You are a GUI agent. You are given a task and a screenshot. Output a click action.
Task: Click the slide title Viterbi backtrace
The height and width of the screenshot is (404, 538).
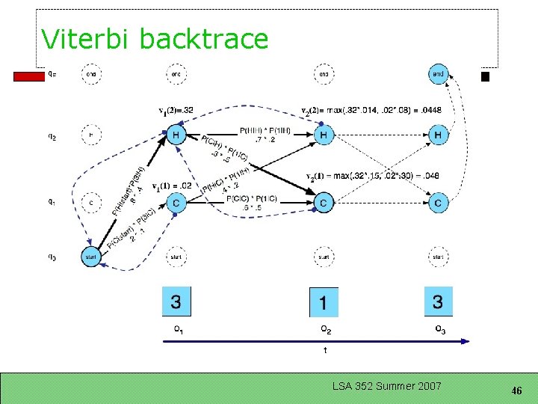coord(155,39)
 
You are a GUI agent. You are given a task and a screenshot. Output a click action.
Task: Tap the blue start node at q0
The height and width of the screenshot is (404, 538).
coord(91,257)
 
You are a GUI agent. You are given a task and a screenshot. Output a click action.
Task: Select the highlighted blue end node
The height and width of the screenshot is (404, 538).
coord(439,74)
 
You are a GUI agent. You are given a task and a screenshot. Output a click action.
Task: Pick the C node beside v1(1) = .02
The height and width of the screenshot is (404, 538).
coord(176,202)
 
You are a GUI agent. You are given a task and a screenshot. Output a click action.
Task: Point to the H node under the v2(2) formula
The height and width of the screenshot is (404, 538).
coord(324,135)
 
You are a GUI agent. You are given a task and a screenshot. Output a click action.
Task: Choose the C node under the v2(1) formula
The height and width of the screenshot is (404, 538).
coord(324,202)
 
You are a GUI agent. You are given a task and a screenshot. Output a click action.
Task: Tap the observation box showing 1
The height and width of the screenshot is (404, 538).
coord(324,302)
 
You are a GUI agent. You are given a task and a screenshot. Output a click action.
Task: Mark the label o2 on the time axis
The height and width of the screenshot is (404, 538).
coord(326,329)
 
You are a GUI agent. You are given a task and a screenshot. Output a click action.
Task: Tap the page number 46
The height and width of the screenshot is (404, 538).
coord(516,391)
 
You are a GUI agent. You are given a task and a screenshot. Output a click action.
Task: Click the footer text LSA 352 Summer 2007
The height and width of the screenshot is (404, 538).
coord(387,386)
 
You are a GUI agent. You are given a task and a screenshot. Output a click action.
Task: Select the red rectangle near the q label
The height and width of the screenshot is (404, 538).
coord(29,76)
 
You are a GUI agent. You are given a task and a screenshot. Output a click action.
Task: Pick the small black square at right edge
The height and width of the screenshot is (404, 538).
coord(485,76)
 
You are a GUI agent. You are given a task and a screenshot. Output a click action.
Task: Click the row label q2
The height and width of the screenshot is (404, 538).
coord(52,137)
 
